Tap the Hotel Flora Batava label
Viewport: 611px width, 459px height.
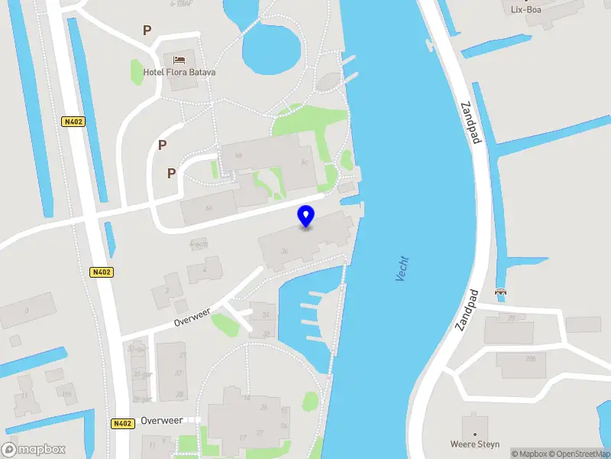pyautogui.click(x=179, y=73)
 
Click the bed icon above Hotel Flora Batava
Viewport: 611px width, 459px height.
pyautogui.click(x=179, y=59)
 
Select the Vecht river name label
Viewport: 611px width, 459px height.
pyautogui.click(x=402, y=269)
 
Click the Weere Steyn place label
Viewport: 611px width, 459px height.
pyautogui.click(x=474, y=444)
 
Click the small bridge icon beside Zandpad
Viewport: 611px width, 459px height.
pyautogui.click(x=501, y=291)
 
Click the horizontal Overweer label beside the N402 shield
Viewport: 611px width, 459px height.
pyautogui.click(x=162, y=422)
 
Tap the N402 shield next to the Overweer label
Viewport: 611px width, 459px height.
pyautogui.click(x=121, y=423)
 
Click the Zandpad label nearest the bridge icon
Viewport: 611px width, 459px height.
pyautogui.click(x=467, y=310)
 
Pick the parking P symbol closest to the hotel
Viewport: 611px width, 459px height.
pyautogui.click(x=147, y=31)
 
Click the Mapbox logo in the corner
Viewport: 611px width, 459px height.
pyautogui.click(x=34, y=449)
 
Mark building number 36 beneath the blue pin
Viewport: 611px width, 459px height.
pyautogui.click(x=284, y=251)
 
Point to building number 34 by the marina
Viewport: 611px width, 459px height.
pyautogui.click(x=266, y=314)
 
